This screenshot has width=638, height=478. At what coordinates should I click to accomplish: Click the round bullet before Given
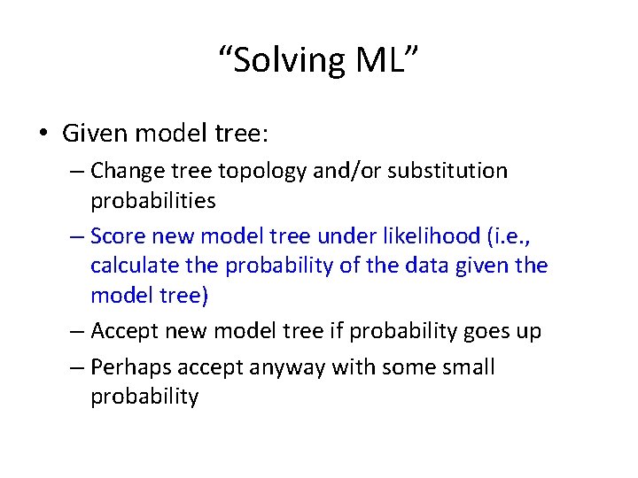click(43, 134)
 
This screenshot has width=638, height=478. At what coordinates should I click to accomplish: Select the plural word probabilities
click(152, 201)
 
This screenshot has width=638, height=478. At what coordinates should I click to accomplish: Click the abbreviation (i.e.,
click(519, 236)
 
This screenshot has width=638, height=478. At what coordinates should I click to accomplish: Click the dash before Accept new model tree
click(76, 331)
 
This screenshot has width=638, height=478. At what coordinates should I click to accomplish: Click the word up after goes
click(528, 331)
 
